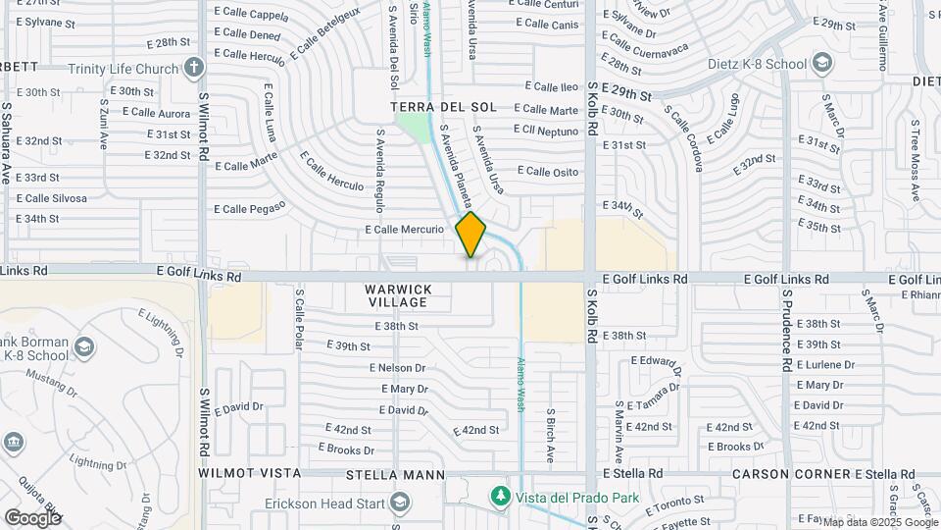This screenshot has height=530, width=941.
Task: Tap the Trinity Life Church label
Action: (124, 69)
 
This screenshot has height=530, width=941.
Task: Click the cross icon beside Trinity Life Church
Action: (194, 68)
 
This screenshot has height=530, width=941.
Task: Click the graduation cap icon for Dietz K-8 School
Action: (821, 65)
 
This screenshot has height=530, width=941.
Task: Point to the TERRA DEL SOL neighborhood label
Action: (443, 106)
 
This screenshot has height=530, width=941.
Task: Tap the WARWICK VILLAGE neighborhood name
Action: (399, 295)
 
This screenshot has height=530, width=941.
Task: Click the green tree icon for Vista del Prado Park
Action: (501, 497)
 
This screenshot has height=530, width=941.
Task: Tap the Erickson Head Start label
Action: (324, 503)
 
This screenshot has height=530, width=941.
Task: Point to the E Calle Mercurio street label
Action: (411, 230)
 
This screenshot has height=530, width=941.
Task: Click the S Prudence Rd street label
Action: (786, 330)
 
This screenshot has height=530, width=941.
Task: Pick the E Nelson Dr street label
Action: (398, 368)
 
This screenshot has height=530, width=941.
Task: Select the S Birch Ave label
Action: (551, 435)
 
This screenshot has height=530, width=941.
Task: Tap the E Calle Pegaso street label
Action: (249, 208)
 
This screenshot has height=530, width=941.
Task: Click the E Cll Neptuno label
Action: (546, 131)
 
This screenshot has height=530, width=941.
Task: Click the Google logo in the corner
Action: (32, 516)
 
